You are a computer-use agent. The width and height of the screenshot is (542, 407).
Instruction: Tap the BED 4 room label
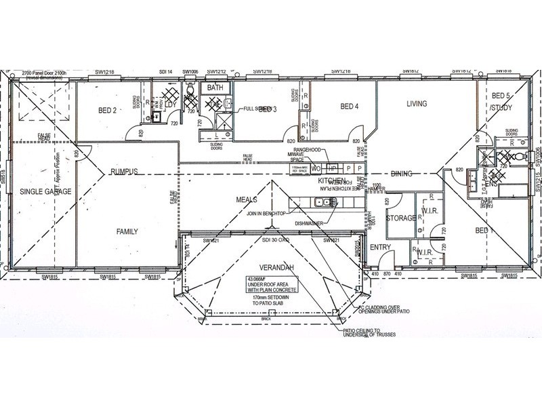[349, 106]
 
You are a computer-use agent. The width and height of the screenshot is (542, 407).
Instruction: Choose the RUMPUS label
[124, 172]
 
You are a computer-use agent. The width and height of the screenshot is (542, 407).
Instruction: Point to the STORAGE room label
[400, 218]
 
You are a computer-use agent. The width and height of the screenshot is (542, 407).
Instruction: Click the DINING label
[402, 174]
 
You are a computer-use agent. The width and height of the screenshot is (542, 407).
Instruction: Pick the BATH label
[215, 88]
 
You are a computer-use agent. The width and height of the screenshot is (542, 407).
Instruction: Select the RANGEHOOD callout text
[306, 148]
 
